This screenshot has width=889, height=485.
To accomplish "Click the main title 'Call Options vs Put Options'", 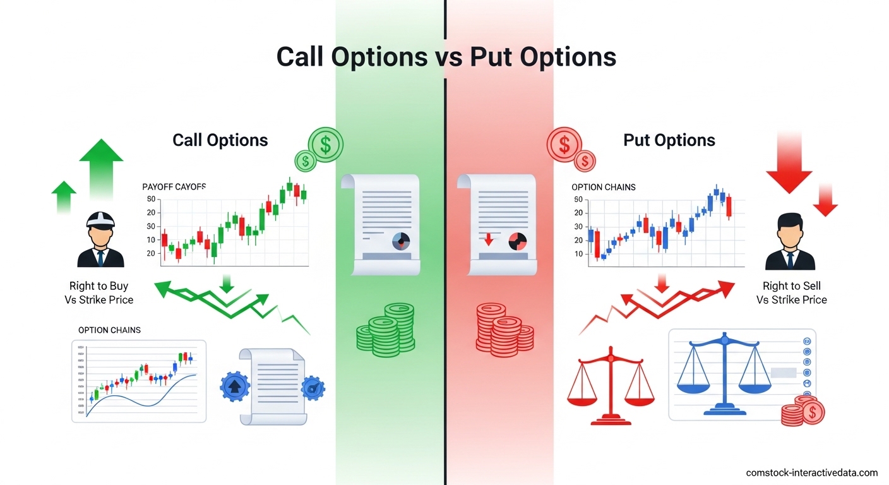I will [446, 57].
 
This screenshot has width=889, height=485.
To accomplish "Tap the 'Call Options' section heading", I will [220, 140].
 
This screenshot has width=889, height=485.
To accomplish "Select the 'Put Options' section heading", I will [669, 140].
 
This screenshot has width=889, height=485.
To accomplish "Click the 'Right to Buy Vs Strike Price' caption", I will [99, 293].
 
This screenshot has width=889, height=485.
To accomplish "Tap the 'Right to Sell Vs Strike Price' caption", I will [791, 293].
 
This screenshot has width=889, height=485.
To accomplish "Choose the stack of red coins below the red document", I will [504, 327].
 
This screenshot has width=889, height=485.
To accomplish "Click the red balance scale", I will [611, 386].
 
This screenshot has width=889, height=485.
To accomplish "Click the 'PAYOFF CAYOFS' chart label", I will [174, 187].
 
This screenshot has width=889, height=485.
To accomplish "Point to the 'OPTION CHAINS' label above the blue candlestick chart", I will [603, 187].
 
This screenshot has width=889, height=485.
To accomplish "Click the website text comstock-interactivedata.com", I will [811, 472].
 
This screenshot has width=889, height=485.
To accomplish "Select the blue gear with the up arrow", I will [234, 386].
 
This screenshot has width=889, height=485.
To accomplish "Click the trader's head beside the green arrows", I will [100, 227].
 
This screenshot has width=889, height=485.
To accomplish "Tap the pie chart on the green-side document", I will [401, 240].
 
